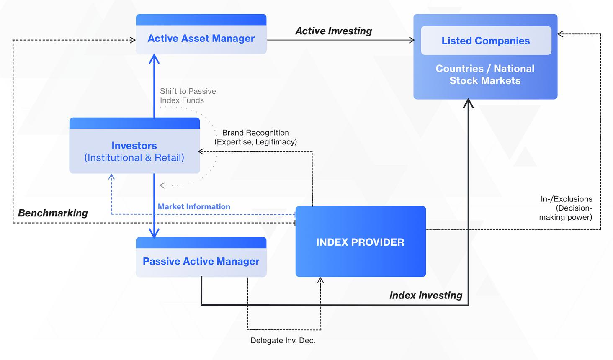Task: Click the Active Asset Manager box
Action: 201,34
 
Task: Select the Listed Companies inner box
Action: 486,41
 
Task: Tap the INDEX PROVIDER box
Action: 361,242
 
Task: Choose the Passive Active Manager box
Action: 201,257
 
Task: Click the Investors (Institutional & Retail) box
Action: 135,146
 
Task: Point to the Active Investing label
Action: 334,31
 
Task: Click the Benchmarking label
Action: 53,213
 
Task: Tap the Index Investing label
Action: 426,295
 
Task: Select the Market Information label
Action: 194,206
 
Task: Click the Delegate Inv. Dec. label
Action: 283,340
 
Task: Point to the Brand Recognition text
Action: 255,137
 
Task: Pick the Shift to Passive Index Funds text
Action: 188,96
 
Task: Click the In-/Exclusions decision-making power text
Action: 566,208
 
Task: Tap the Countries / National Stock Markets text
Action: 485,75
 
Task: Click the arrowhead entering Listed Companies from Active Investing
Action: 412,40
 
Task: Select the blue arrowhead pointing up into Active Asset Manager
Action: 154,59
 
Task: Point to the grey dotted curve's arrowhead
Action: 162,185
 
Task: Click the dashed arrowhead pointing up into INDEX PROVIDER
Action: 320,280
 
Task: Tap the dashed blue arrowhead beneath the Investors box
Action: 111,177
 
